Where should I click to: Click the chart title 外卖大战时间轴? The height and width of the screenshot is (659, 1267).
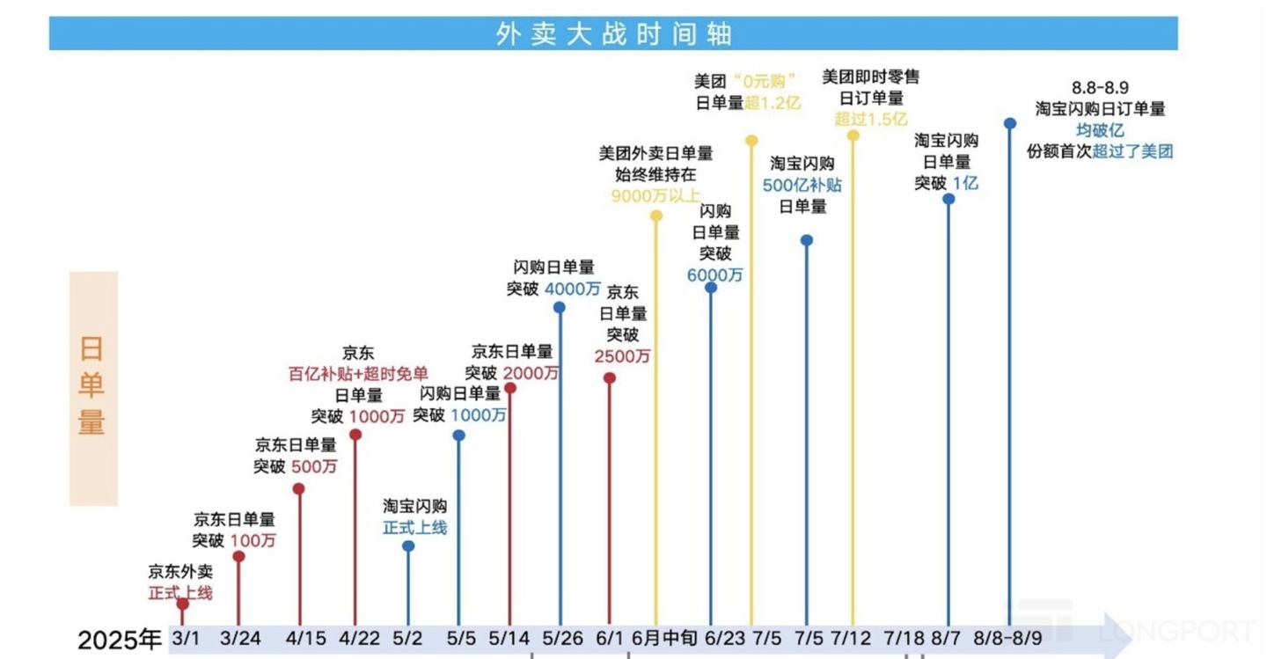(613, 33)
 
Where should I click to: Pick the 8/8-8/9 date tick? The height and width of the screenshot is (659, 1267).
(1011, 638)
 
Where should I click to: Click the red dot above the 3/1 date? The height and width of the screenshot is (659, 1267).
(183, 604)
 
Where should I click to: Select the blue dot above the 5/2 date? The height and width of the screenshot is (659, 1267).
(408, 546)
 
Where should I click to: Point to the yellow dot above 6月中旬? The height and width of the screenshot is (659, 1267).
(656, 216)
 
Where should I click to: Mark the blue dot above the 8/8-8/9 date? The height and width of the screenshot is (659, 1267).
(1010, 123)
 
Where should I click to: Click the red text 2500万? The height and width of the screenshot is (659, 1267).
(623, 356)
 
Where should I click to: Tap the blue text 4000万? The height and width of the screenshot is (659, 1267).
(573, 289)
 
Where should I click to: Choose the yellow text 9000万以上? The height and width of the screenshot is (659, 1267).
(656, 195)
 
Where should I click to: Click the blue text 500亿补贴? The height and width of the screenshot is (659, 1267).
(802, 185)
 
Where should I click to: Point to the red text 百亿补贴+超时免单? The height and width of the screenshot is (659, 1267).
(358, 374)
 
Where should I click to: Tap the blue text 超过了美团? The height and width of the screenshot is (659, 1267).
(1133, 151)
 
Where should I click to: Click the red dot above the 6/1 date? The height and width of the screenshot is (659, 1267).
(610, 378)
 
